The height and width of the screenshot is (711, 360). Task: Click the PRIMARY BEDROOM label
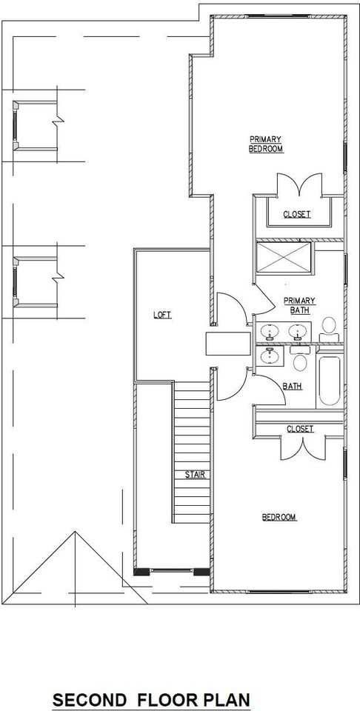pos(266,144)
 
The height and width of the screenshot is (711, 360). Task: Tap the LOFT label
pos(162,315)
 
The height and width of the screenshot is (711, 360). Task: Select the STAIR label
pos(195,474)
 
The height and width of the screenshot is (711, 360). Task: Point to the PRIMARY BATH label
pos(300,305)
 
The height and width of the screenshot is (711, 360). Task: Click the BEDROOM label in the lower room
pos(279,517)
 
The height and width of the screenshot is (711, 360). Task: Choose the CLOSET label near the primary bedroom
pos(297,215)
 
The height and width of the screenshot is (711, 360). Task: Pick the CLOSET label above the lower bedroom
pos(300,429)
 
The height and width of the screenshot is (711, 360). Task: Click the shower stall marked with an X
pos(284,257)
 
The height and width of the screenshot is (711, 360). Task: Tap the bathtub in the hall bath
pos(329,381)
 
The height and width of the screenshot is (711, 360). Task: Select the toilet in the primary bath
pos(329,326)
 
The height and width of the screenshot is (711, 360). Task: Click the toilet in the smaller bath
pos(300,362)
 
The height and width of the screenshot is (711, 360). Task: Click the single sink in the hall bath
pos(270,355)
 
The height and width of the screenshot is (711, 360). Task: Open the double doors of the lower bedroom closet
pos(301,449)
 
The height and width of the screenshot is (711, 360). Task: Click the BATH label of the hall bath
pos(292,386)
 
